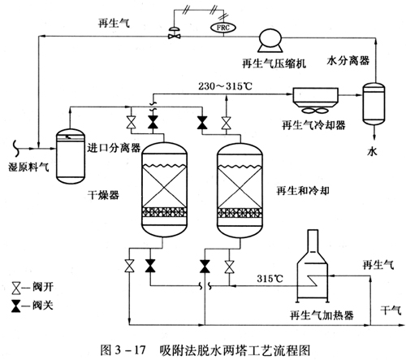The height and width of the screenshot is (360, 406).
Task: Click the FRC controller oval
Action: point(223,28)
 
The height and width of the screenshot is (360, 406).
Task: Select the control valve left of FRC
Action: point(175,33)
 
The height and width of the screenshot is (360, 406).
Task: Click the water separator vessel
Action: point(374,104)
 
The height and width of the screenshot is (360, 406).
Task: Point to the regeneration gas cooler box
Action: point(316,97)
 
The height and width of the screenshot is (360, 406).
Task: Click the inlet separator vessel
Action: point(71,156)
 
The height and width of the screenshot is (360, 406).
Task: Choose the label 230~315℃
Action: point(225,86)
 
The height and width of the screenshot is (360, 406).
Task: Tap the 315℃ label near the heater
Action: point(270,278)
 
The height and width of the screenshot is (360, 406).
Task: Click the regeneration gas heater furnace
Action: point(313,267)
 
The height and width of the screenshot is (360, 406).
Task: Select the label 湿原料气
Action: point(28,167)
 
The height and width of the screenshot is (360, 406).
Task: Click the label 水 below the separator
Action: point(372,152)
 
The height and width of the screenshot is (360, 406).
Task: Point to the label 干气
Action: point(391,310)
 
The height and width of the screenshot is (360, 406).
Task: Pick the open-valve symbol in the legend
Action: point(16,288)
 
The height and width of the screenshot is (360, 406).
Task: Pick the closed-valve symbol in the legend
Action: point(16,306)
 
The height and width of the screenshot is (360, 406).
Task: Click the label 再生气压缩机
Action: point(274,63)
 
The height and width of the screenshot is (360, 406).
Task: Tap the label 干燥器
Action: point(103,195)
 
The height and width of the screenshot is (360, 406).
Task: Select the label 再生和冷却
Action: point(303,191)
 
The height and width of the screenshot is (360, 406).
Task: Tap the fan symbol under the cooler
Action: point(315,111)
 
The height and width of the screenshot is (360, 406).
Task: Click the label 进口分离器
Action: point(114,148)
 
